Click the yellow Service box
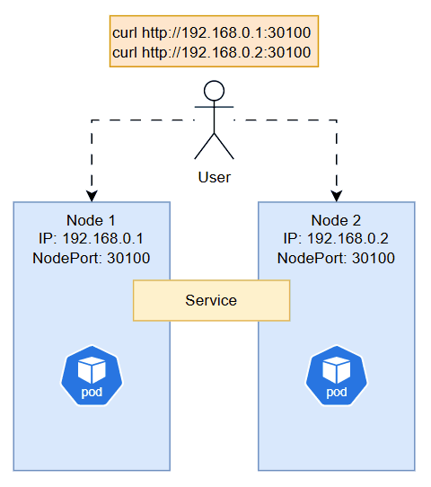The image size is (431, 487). click(x=211, y=300)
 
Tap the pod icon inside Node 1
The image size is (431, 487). click(x=92, y=376)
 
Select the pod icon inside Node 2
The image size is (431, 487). click(x=336, y=376)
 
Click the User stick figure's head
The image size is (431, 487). click(x=213, y=91)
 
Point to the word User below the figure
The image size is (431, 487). click(x=214, y=177)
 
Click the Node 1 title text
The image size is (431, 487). click(x=92, y=221)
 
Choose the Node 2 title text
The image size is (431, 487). click(x=336, y=221)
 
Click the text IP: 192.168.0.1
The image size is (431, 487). click(x=92, y=240)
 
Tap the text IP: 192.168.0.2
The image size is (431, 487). click(x=336, y=240)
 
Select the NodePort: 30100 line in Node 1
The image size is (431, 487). click(x=92, y=259)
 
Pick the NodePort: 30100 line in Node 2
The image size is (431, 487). click(x=336, y=259)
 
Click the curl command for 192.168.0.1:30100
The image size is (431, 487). click(x=212, y=33)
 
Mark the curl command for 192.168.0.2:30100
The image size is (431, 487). click(x=212, y=53)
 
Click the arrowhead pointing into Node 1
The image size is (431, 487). click(x=91, y=196)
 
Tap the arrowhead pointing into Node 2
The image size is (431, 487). click(x=337, y=196)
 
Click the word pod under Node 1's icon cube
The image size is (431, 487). click(x=92, y=392)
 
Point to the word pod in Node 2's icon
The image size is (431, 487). click(x=336, y=392)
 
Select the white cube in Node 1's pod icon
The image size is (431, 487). click(x=92, y=368)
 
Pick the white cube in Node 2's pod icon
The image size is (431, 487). click(x=336, y=368)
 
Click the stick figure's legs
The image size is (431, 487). click(x=214, y=146)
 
